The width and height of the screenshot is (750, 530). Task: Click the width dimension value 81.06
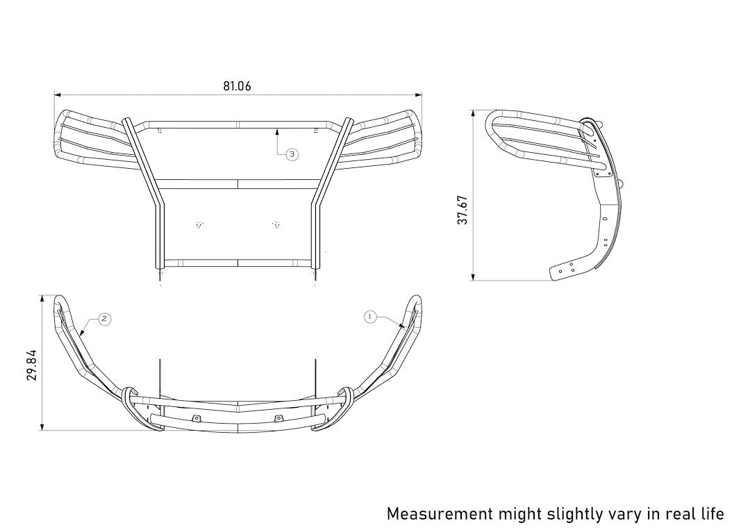(x=237, y=86)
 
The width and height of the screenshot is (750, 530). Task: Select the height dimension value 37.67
(x=463, y=209)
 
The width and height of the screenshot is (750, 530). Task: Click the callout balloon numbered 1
(x=370, y=317)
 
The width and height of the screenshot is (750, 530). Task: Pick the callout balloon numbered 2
(x=103, y=319)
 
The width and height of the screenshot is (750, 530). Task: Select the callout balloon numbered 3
(x=292, y=154)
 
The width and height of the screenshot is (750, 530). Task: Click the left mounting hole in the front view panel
(x=200, y=224)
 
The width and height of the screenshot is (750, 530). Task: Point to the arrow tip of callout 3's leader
(x=278, y=127)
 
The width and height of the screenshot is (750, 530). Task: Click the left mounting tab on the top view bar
(x=197, y=417)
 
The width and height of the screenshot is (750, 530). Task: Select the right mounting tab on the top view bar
(x=279, y=417)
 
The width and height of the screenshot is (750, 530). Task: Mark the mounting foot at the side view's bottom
(x=571, y=270)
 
